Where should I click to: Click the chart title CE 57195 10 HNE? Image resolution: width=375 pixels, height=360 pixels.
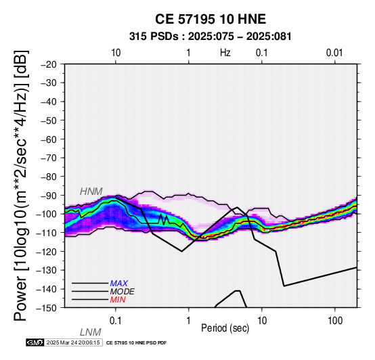pos(211,19)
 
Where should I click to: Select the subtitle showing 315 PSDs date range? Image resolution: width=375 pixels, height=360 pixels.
pos(211,37)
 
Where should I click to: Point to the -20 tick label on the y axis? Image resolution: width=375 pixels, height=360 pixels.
pos(49,64)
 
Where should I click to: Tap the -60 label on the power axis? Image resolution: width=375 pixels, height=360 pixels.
pos(49,139)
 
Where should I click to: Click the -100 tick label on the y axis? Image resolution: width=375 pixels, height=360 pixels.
pos(47,215)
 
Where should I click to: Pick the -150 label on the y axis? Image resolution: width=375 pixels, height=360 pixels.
pos(47,308)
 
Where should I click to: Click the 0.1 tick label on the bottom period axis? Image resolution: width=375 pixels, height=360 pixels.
pos(115,321)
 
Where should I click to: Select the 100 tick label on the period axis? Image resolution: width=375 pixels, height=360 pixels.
pos(335,321)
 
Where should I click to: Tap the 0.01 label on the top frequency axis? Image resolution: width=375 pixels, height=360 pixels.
pos(334,53)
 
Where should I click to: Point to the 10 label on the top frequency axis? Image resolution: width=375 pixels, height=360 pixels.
pos(116,53)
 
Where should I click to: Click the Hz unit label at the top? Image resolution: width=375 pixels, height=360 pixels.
pos(225,53)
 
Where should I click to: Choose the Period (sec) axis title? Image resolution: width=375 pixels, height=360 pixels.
pos(225,328)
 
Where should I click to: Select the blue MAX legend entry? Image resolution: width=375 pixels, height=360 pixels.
pos(119,284)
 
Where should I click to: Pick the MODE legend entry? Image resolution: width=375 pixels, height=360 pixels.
pos(123,292)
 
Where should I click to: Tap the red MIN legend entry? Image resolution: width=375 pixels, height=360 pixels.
pos(118,300)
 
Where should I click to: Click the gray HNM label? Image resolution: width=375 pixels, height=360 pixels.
pos(91,192)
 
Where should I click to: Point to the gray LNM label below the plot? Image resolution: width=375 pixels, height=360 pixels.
pos(91,332)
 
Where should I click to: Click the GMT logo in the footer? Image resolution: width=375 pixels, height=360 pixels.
pos(35,343)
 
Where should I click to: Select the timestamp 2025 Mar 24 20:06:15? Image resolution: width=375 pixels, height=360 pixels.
pos(73,343)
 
